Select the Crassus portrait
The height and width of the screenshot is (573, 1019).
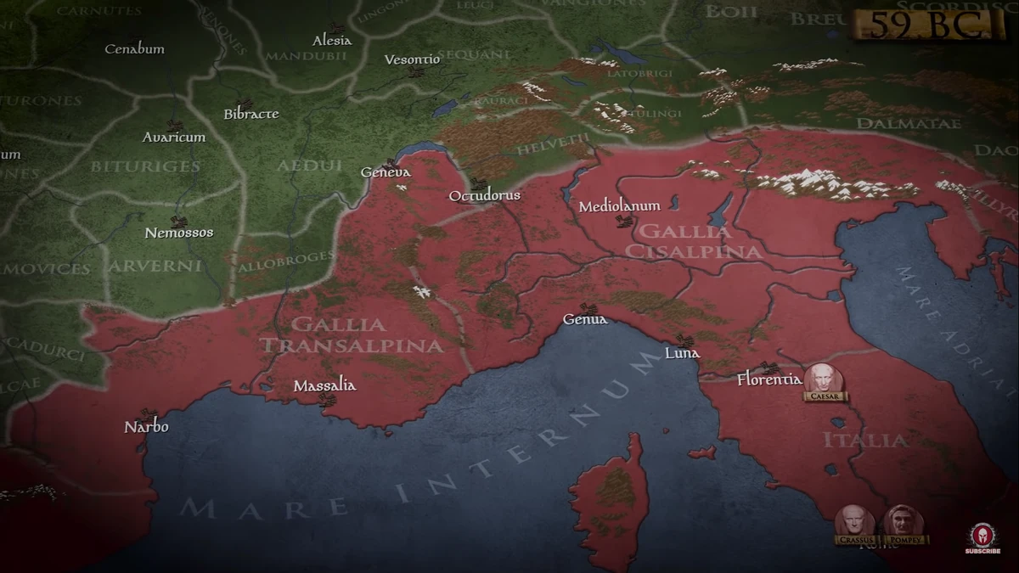pyautogui.click(x=854, y=521)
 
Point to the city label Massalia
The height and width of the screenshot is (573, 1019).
pyautogui.click(x=324, y=386)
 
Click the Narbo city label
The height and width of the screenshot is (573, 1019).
pyautogui.click(x=146, y=426)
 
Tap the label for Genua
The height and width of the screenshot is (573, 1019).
pyautogui.click(x=585, y=319)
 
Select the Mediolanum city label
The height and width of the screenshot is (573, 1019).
pyautogui.click(x=619, y=206)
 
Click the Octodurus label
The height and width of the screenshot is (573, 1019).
pyautogui.click(x=484, y=196)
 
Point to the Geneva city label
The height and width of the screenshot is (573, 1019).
pyautogui.click(x=386, y=172)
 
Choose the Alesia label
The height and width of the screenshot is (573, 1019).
pyautogui.click(x=332, y=41)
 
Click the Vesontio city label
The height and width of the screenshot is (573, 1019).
pyautogui.click(x=413, y=59)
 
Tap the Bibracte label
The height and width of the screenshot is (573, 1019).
pyautogui.click(x=251, y=114)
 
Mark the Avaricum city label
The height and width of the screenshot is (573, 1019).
pyautogui.click(x=174, y=137)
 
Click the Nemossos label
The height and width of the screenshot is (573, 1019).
pyautogui.click(x=179, y=233)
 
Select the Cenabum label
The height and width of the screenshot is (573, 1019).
pyautogui.click(x=134, y=49)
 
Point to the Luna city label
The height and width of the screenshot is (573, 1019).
pyautogui.click(x=682, y=352)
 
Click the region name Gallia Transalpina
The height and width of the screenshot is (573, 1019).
pyautogui.click(x=351, y=335)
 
